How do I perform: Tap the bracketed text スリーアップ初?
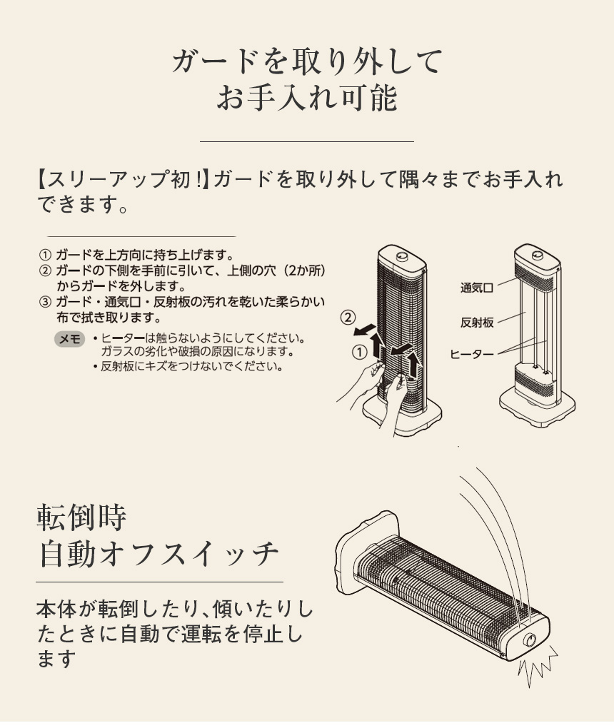click(x=121, y=178)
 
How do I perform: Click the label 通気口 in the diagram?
click(x=477, y=288)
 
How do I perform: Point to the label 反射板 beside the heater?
click(x=477, y=323)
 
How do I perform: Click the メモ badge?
click(x=69, y=340)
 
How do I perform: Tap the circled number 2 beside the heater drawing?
click(x=348, y=316)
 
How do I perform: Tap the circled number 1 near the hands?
click(x=360, y=351)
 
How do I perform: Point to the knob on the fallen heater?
click(x=530, y=640)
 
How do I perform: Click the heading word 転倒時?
click(x=81, y=517)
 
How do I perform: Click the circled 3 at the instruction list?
click(x=45, y=300)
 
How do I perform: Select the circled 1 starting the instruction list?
click(x=45, y=255)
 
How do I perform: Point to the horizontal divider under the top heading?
click(x=307, y=141)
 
